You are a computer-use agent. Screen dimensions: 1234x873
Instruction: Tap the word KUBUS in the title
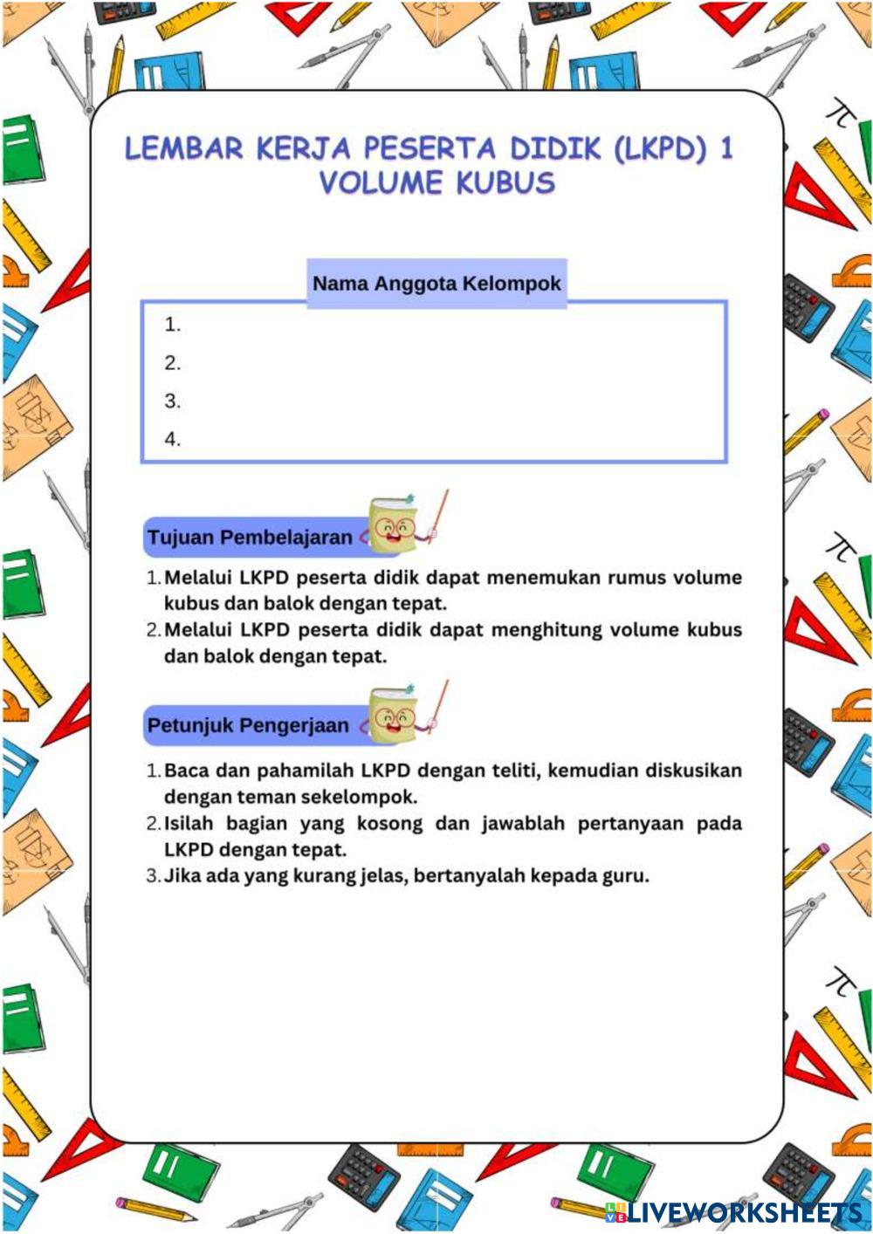(505, 183)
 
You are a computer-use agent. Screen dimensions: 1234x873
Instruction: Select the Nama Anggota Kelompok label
(436, 284)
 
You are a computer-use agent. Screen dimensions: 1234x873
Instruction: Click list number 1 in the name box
(172, 325)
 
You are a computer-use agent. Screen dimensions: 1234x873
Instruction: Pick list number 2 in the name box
(172, 363)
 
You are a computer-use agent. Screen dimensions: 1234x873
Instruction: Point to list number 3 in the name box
(172, 401)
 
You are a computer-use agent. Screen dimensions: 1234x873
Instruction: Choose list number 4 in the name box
(172, 439)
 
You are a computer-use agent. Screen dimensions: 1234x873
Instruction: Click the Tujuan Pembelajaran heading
(250, 537)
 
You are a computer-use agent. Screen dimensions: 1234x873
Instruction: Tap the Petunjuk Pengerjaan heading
(248, 725)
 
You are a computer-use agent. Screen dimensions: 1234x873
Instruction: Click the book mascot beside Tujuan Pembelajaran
(397, 524)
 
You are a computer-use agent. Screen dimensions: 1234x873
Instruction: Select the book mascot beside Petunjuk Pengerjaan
(397, 715)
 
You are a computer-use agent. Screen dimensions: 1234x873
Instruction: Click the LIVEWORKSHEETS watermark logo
(733, 1212)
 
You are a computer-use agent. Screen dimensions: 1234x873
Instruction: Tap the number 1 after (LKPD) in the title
(726, 148)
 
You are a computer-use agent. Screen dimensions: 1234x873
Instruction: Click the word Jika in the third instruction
(182, 875)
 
